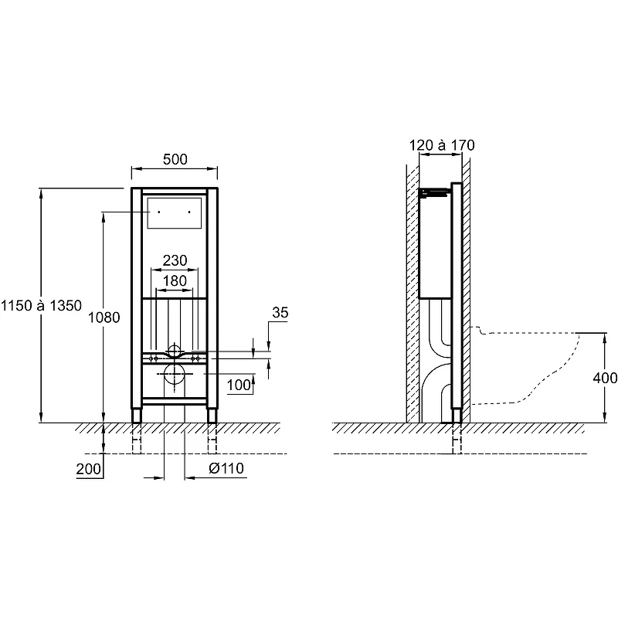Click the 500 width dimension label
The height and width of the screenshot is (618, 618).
pyautogui.click(x=175, y=159)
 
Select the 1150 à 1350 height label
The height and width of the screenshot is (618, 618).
pyautogui.click(x=41, y=305)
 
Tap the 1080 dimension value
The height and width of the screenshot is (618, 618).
pyautogui.click(x=104, y=317)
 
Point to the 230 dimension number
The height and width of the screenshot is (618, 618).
pyautogui.click(x=175, y=260)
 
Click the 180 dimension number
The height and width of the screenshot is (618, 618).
pyautogui.click(x=175, y=281)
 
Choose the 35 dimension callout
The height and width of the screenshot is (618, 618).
pyautogui.click(x=280, y=313)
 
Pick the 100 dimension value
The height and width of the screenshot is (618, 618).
pyautogui.click(x=239, y=385)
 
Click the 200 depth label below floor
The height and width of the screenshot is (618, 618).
pyautogui.click(x=89, y=469)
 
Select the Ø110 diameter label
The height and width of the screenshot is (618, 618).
pyautogui.click(x=226, y=468)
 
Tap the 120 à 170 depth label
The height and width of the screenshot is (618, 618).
pyautogui.click(x=442, y=145)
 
